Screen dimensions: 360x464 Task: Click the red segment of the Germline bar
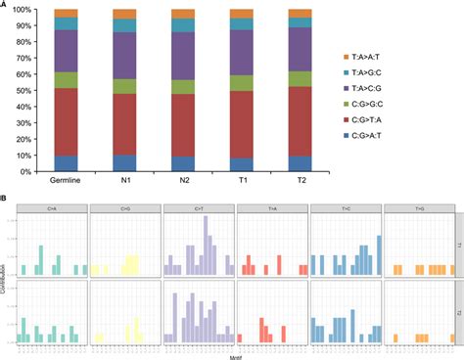(66, 122)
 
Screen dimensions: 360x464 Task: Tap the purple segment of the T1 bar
(242, 53)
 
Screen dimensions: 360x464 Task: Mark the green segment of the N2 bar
(183, 86)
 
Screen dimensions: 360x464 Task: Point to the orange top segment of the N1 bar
(124, 14)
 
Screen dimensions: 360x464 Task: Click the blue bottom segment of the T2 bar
(301, 163)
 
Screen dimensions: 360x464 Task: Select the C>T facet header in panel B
(199, 207)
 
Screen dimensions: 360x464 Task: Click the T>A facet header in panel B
(271, 207)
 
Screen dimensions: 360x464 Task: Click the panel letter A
(5, 5)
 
